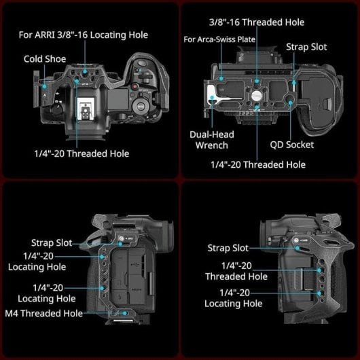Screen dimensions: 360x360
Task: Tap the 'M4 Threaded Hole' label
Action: coord(43,313)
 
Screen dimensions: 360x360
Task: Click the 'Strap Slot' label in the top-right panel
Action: coord(306,47)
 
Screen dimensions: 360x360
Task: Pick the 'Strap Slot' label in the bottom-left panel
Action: coord(52,242)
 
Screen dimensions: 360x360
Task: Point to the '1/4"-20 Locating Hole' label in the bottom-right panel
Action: coord(234,298)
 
